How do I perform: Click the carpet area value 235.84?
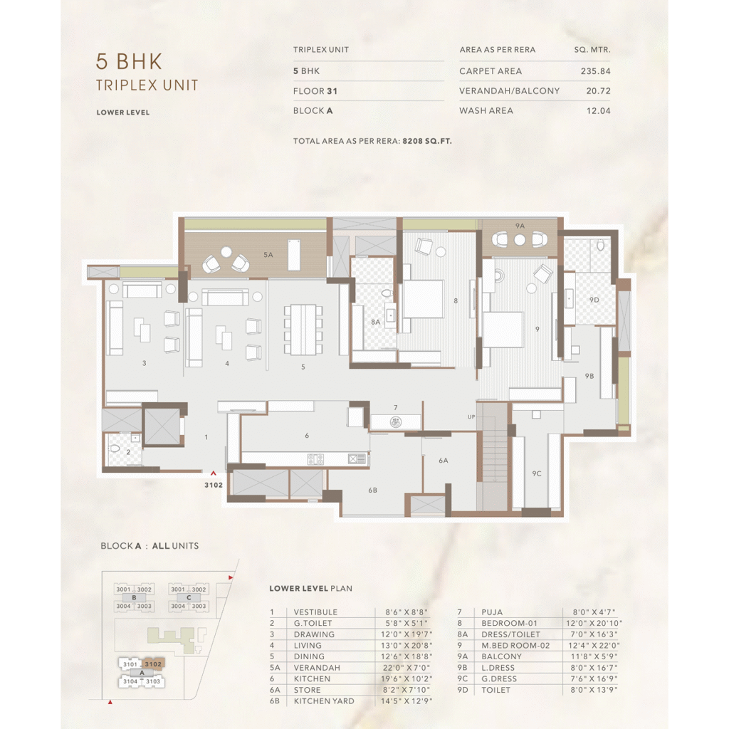(x=595, y=71)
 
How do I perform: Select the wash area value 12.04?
(x=598, y=110)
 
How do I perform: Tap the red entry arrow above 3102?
(x=214, y=473)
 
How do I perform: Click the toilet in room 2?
(x=114, y=449)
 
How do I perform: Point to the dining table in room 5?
(x=303, y=330)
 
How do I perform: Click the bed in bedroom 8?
(x=423, y=299)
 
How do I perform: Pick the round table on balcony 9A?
(x=520, y=240)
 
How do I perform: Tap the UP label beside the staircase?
(x=471, y=417)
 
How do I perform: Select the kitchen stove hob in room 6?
(x=315, y=459)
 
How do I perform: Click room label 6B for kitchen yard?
(x=372, y=490)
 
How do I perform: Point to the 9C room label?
(x=537, y=473)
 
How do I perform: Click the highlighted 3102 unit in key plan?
(x=153, y=664)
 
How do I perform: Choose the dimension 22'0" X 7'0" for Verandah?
(x=406, y=668)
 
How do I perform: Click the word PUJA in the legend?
(x=492, y=612)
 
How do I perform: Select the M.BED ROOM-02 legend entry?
(x=515, y=645)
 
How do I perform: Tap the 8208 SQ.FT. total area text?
(x=427, y=141)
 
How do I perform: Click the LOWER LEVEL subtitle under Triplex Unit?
(x=123, y=112)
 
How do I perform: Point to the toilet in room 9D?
(x=601, y=246)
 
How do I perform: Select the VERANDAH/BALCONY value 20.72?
(x=598, y=91)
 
